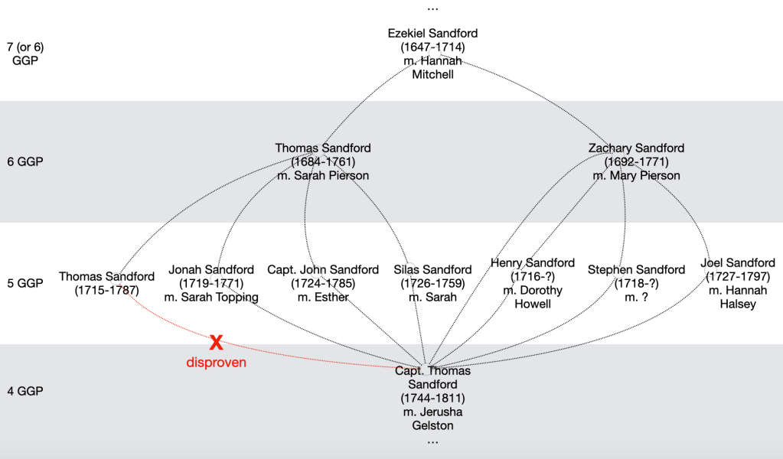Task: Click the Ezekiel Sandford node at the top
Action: tap(432, 54)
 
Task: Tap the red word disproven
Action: tap(217, 363)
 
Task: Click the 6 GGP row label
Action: tap(25, 161)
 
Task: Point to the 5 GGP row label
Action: tap(25, 283)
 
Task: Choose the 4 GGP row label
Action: tap(25, 391)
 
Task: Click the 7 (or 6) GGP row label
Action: tap(25, 54)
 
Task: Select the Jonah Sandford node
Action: tap(211, 283)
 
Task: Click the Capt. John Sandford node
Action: tap(323, 283)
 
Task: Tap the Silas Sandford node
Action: tap(432, 283)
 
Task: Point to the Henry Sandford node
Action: tap(533, 283)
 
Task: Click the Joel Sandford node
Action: tap(738, 283)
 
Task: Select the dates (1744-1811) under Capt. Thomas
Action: tap(432, 399)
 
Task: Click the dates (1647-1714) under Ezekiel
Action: tap(432, 47)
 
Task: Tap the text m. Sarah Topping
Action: tap(211, 298)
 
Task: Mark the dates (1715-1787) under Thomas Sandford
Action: tap(106, 291)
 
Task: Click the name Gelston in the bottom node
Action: tap(432, 426)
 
